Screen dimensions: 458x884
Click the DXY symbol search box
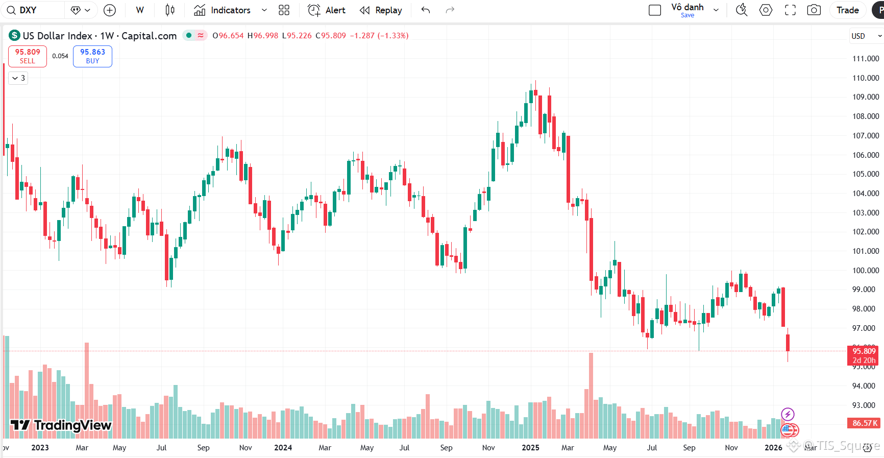(x=28, y=10)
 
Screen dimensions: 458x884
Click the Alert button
(x=327, y=10)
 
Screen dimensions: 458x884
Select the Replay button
(x=381, y=10)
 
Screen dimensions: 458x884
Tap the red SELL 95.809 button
(x=28, y=56)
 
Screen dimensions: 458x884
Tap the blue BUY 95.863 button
(x=92, y=56)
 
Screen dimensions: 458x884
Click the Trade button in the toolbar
(x=847, y=10)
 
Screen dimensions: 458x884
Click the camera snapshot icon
(x=814, y=10)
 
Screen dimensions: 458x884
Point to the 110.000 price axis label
(x=866, y=78)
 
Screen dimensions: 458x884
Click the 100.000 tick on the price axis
(x=866, y=271)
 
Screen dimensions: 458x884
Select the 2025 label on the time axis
(x=530, y=448)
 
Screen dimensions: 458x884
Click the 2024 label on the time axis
(x=283, y=448)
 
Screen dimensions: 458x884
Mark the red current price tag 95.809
(x=864, y=351)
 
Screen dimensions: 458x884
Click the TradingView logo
(x=61, y=425)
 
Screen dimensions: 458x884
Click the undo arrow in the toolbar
(x=426, y=10)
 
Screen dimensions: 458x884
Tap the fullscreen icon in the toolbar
(x=790, y=10)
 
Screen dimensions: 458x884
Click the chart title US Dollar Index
(x=57, y=36)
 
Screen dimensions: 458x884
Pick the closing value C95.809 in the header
(x=331, y=36)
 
